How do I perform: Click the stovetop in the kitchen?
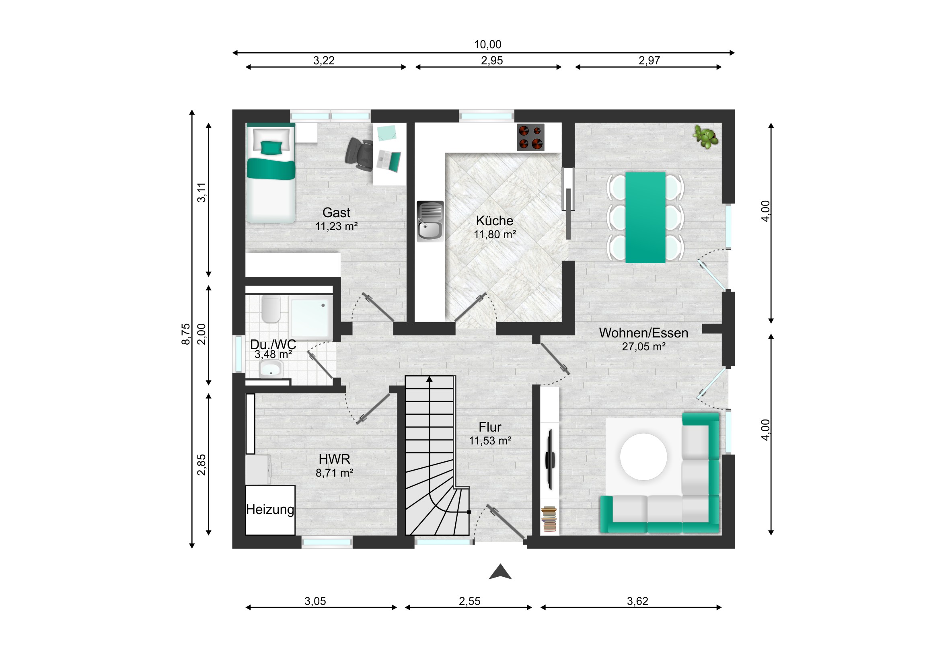(530, 138)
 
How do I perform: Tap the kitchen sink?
(430, 221)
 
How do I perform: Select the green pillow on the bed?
(271, 148)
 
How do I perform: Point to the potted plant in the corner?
(705, 137)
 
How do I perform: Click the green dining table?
(645, 218)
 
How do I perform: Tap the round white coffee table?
(643, 457)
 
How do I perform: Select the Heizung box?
(270, 510)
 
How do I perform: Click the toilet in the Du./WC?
(271, 309)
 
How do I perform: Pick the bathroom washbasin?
(271, 369)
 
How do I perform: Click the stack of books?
(549, 519)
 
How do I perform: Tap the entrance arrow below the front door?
(500, 572)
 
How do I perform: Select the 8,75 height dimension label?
(185, 334)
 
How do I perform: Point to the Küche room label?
(494, 221)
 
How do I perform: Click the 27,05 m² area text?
(643, 347)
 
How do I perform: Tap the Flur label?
(490, 427)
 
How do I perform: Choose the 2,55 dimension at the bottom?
(469, 601)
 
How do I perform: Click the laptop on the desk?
(389, 160)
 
